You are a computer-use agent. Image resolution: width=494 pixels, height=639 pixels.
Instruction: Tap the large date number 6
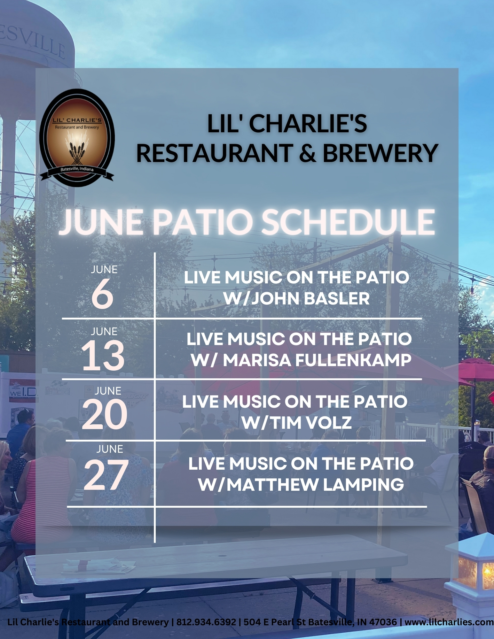pyautogui.click(x=103, y=293)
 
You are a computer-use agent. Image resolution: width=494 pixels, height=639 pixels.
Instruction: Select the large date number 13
pyautogui.click(x=103, y=355)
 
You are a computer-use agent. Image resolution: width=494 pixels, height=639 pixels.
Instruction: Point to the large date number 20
pyautogui.click(x=105, y=415)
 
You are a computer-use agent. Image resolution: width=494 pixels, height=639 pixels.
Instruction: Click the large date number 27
pyautogui.click(x=106, y=474)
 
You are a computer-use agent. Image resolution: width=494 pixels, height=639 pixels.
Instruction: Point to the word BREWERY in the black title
pyautogui.click(x=380, y=153)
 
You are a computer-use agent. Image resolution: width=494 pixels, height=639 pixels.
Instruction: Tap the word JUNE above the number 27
pyautogui.click(x=110, y=449)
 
